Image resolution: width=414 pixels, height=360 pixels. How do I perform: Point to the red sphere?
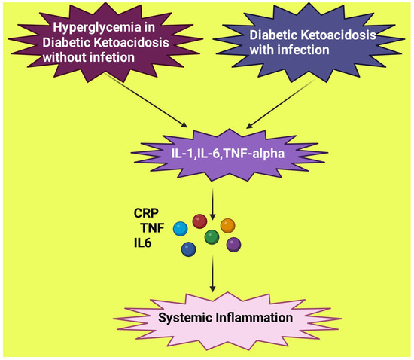[x=199, y=221]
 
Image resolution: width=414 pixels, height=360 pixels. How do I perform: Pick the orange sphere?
[x=228, y=225]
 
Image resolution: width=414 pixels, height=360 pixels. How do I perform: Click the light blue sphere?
[x=180, y=228]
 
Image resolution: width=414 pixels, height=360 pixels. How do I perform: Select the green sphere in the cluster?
[x=212, y=237]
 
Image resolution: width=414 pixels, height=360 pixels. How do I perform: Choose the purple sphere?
[x=233, y=244]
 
